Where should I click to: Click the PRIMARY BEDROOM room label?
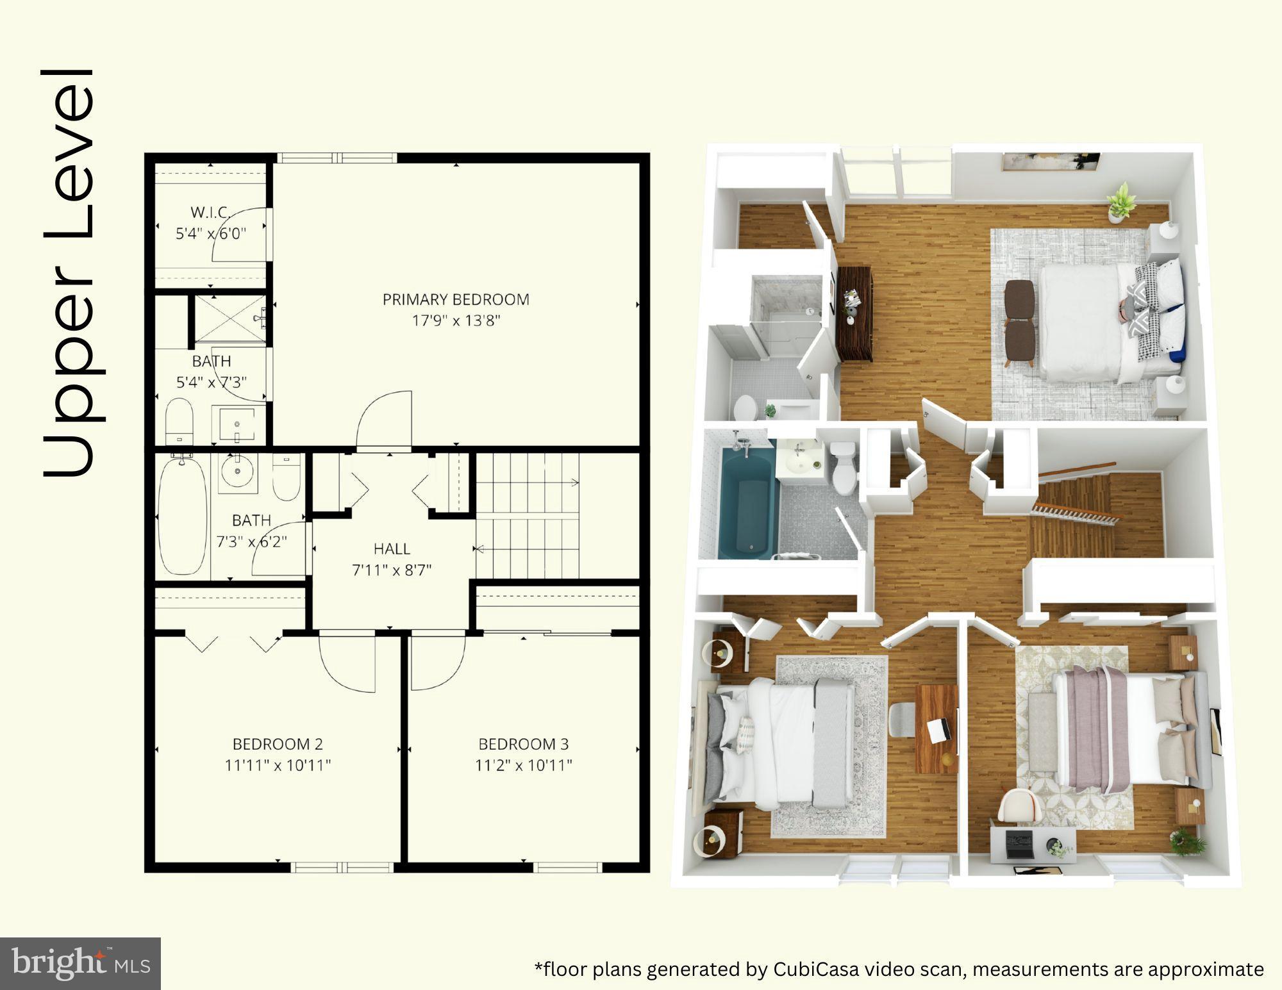click(456, 299)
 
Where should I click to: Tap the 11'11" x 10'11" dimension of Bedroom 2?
click(278, 765)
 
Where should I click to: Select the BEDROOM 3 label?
click(523, 744)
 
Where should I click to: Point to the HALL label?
click(392, 549)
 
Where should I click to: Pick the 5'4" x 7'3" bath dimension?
click(212, 383)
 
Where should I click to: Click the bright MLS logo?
click(79, 962)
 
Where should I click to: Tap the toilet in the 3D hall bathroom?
click(844, 468)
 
